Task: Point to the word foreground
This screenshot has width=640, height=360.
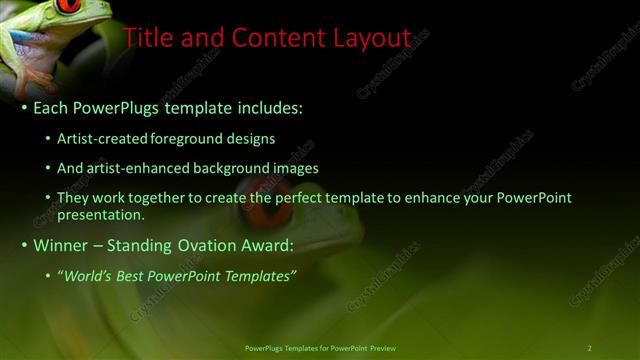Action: (188, 139)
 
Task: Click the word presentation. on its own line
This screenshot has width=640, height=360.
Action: (101, 214)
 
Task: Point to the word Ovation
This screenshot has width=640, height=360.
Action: (221, 245)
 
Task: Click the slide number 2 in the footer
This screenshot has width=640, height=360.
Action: (590, 348)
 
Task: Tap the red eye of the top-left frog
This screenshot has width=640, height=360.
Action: (69, 5)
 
